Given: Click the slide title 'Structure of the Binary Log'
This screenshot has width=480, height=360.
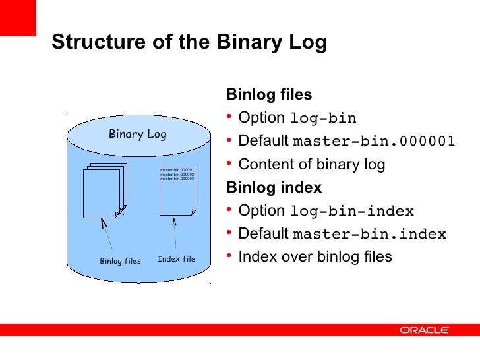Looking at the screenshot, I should click(x=189, y=42).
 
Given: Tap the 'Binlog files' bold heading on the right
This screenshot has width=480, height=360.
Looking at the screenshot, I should click(x=268, y=94).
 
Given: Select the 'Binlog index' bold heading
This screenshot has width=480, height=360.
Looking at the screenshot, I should click(x=274, y=187).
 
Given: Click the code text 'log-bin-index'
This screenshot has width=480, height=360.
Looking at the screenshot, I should click(x=352, y=212).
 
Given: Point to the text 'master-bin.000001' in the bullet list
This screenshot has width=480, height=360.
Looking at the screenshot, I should click(x=373, y=142).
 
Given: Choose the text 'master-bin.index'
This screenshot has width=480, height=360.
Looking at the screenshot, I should click(x=369, y=235).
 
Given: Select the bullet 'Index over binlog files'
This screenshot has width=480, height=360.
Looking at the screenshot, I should click(x=315, y=256).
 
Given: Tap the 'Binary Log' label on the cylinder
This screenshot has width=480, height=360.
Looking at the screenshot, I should click(x=137, y=135).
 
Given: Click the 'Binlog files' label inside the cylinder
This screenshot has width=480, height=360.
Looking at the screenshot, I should click(x=120, y=261).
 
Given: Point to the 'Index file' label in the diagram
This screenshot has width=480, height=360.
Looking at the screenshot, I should click(x=176, y=259).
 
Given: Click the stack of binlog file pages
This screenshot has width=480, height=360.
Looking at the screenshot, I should click(x=104, y=190).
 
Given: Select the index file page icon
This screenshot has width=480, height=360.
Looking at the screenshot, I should click(x=177, y=191).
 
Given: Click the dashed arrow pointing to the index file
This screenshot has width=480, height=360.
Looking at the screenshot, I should click(x=175, y=233).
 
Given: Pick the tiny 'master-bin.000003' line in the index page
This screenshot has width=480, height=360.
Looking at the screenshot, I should click(x=177, y=179).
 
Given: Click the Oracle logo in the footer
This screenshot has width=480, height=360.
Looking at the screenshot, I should click(x=424, y=330).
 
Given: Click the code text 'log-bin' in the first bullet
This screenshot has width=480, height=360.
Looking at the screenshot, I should click(x=323, y=119).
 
